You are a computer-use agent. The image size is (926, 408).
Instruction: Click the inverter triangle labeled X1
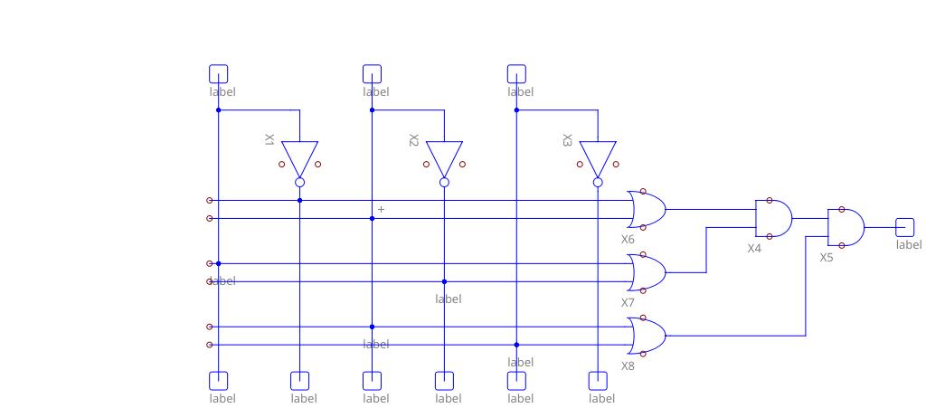coord(299,157)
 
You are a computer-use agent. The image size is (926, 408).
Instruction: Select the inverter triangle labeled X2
coord(444,157)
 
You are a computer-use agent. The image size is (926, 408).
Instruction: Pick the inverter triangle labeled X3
coord(598,157)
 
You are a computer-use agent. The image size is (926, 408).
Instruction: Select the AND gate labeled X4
coord(773,218)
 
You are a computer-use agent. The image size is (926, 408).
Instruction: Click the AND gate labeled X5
coord(846,227)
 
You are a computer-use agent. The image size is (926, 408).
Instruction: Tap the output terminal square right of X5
coord(904,227)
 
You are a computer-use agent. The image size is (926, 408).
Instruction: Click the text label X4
coord(754,248)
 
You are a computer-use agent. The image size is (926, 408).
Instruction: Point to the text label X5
coord(827,257)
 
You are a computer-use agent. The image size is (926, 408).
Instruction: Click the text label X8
coord(628,365)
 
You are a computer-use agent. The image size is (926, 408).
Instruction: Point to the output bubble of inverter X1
coord(299,182)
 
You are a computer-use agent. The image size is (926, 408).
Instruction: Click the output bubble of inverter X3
coord(598,182)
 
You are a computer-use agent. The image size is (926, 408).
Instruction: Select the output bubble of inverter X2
coord(444,182)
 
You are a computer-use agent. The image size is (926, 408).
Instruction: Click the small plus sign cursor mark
coord(381,209)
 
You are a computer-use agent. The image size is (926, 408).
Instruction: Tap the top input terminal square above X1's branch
coord(218,73)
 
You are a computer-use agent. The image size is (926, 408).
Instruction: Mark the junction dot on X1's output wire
coord(299,200)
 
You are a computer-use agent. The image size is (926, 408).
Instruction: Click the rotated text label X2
coord(413,140)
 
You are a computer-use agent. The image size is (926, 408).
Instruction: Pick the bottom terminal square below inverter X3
coord(598,381)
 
